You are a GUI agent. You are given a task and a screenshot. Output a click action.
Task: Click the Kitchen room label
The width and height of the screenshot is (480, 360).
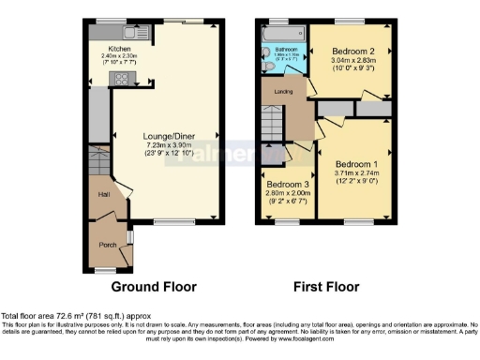[x=119, y=48]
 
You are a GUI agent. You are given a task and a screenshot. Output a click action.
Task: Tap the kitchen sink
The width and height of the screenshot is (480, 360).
[x=100, y=33]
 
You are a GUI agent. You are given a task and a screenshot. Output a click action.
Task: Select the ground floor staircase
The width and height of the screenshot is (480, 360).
[x=99, y=158]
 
